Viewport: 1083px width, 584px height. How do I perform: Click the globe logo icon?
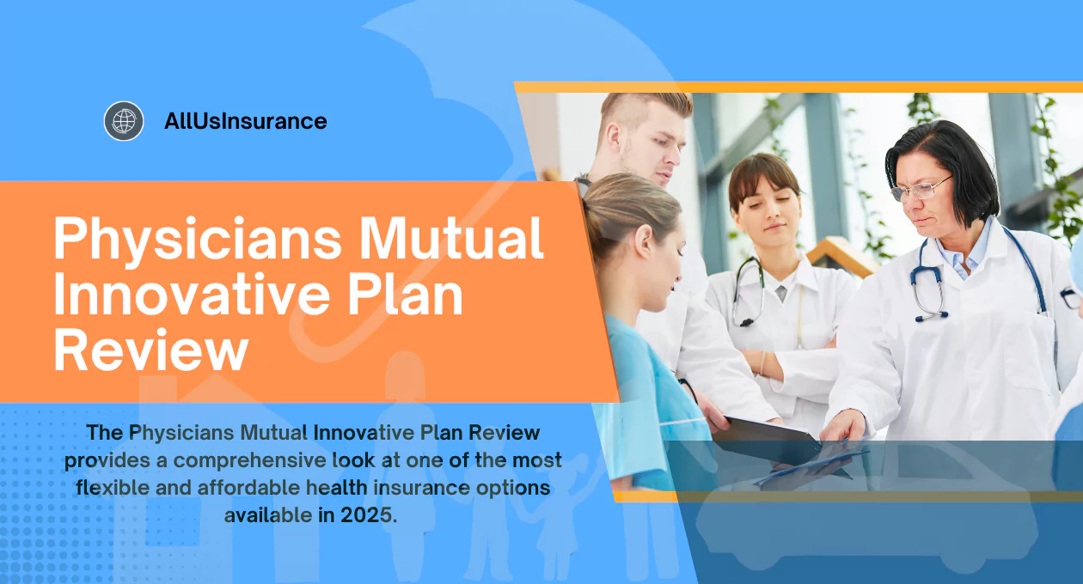(x=124, y=121)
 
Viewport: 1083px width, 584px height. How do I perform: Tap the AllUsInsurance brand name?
(x=246, y=121)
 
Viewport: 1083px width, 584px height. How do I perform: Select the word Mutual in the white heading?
(x=451, y=238)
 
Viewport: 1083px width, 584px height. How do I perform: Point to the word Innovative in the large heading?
(x=192, y=294)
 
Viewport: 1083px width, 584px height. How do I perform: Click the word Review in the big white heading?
(x=151, y=349)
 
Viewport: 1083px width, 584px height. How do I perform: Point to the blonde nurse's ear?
(x=645, y=241)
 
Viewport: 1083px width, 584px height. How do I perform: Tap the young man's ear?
(x=615, y=140)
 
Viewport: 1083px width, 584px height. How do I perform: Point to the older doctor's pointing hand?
(x=844, y=426)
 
